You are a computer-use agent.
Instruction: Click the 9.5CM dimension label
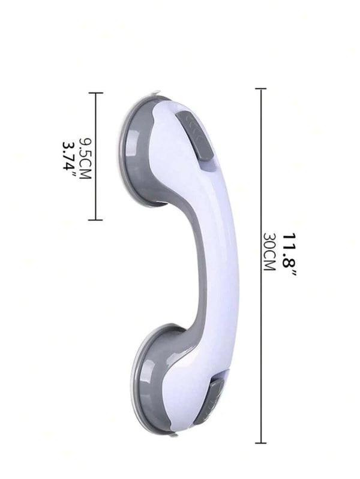tap(85, 158)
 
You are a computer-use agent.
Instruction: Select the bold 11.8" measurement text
tap(289, 255)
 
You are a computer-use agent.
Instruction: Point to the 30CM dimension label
tap(270, 252)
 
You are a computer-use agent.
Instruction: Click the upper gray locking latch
tap(195, 135)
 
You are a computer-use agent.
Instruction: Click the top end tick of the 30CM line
tap(260, 89)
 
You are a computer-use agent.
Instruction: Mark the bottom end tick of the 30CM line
tap(260, 442)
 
